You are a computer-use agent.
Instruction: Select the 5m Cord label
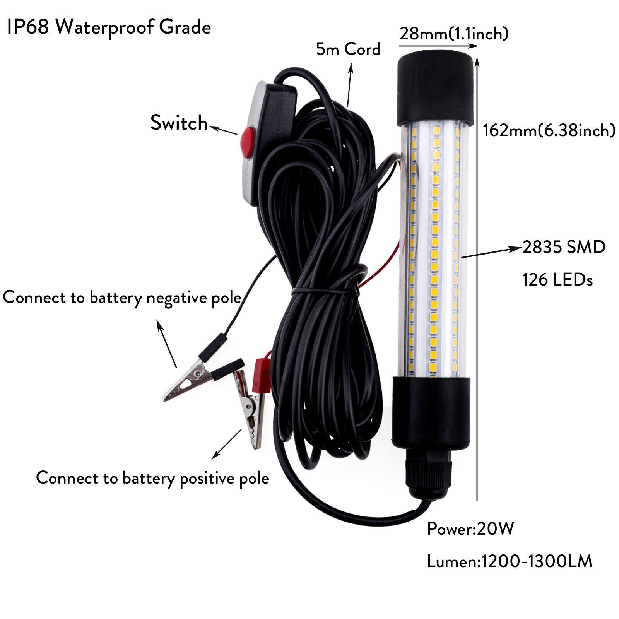point(348,49)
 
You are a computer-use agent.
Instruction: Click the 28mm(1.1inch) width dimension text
point(453,34)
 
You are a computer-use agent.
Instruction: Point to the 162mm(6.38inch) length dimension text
point(549,130)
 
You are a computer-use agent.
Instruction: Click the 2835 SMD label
point(564,247)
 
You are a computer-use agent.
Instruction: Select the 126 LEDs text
point(557,279)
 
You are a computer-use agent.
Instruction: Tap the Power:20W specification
point(470,528)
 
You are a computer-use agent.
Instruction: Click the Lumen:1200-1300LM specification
point(509,561)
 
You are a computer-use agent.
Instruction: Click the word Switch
point(179,123)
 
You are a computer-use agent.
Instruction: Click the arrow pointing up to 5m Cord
point(350,85)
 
